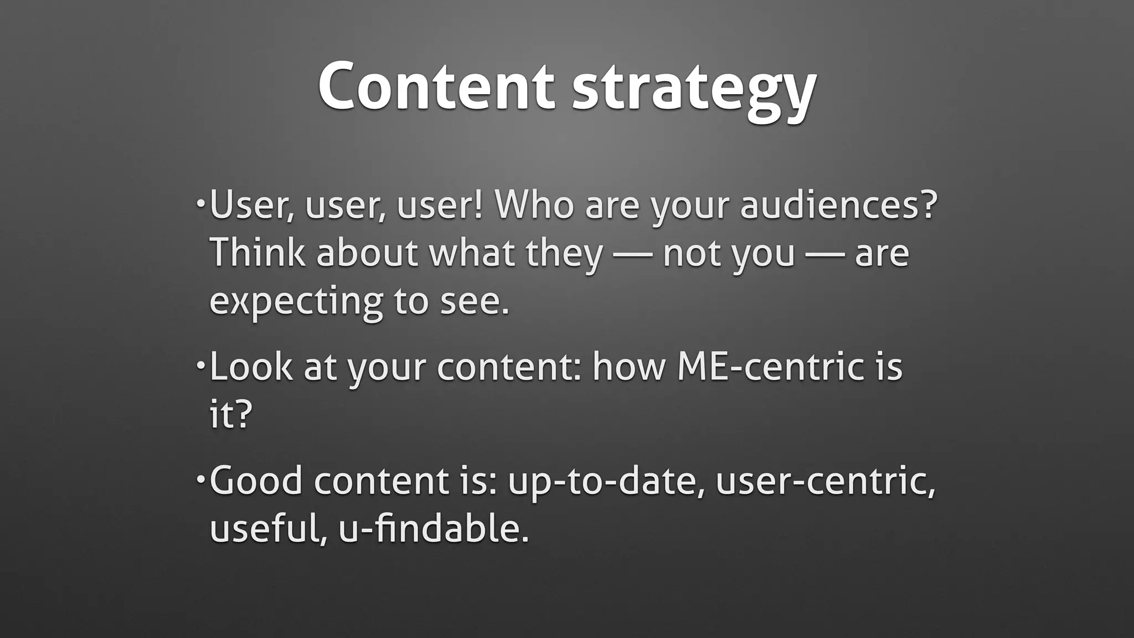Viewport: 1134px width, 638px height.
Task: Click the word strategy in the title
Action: pyautogui.click(x=694, y=89)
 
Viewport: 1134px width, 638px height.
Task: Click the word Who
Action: pyautogui.click(x=534, y=205)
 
